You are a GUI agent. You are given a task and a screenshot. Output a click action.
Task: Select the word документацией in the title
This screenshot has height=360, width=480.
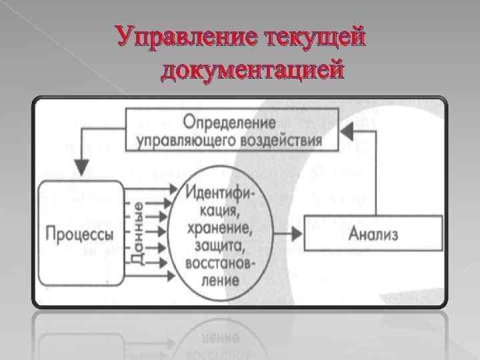click(x=253, y=69)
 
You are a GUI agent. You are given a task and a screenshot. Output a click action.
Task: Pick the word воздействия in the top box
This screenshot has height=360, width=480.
click(x=282, y=140)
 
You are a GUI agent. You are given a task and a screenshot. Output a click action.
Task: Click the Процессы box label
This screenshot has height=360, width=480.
click(x=79, y=234)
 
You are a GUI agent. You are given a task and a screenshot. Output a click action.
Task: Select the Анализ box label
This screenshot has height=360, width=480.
click(x=375, y=234)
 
